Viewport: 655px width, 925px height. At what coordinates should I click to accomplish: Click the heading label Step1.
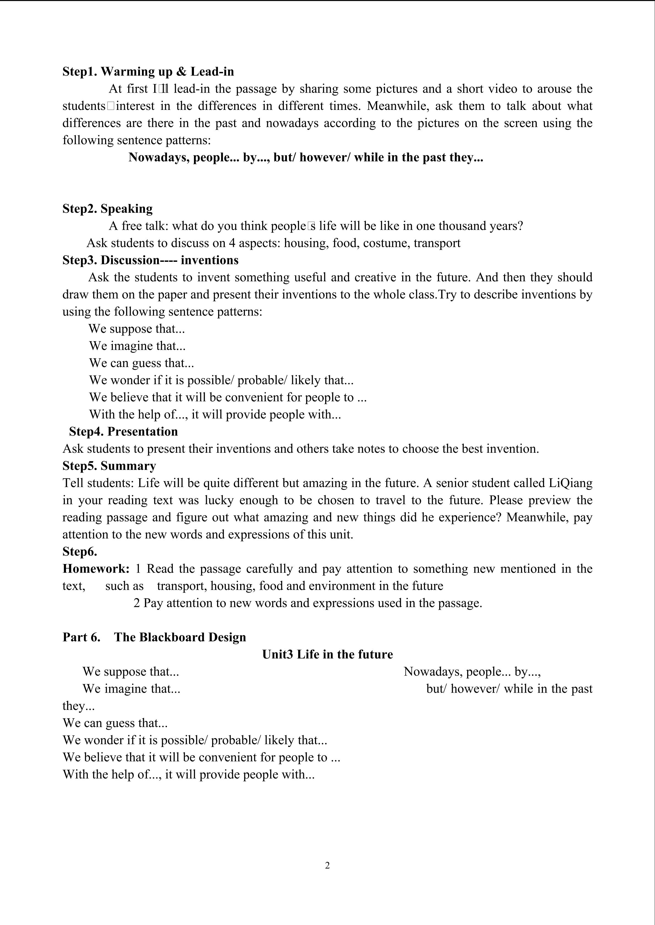[80, 72]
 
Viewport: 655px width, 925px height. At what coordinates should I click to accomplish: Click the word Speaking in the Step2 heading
[126, 209]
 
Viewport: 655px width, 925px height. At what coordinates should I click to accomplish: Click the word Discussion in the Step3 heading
[130, 260]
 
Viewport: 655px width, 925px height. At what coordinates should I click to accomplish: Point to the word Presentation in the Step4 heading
[142, 432]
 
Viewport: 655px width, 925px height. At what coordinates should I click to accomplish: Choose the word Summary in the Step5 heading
[128, 466]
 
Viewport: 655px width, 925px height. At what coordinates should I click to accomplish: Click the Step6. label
[80, 552]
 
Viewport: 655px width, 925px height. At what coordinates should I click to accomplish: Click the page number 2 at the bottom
[327, 865]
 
